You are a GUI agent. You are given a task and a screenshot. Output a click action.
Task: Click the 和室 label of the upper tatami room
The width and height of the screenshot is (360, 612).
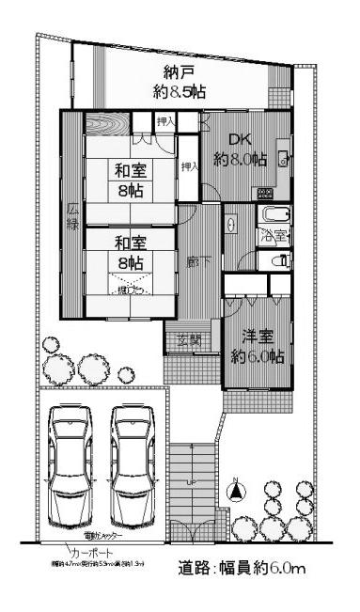(x=129, y=171)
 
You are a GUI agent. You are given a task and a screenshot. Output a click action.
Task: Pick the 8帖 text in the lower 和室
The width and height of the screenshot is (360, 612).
(x=130, y=266)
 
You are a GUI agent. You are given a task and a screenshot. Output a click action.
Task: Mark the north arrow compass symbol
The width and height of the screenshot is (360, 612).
(x=235, y=489)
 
